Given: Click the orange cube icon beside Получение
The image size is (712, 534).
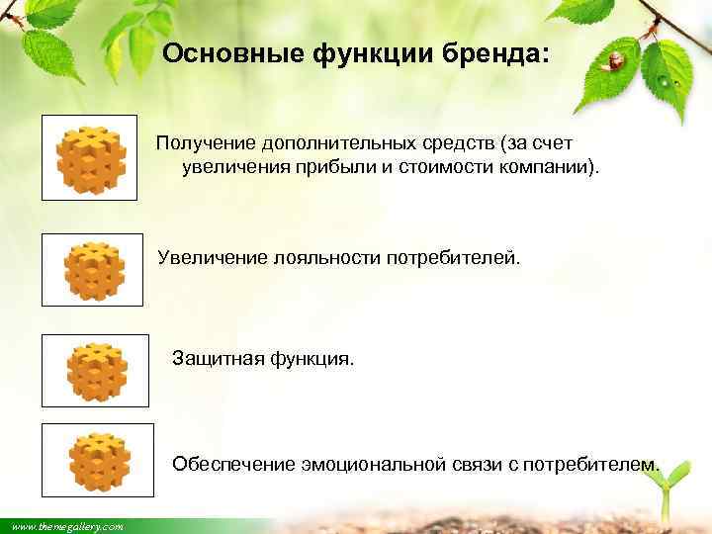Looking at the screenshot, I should point(89,157).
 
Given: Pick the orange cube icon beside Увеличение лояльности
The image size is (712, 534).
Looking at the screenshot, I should point(93,270).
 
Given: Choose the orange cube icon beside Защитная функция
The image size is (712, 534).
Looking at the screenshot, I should point(96,371).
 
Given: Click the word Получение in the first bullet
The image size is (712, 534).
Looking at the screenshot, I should point(203,145).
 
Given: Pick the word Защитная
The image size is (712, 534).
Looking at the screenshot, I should point(214,356).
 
